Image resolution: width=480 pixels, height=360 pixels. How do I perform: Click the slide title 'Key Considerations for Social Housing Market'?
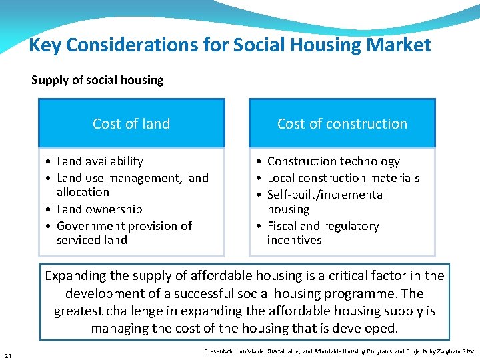[230, 45]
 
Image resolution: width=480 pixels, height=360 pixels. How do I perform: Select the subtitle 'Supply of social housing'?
[97, 80]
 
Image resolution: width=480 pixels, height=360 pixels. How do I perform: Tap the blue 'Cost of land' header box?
[131, 123]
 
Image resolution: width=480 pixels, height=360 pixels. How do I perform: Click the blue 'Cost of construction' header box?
[342, 123]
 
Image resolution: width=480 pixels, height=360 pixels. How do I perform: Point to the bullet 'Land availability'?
[100, 161]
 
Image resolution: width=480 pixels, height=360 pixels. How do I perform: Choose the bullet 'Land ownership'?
[99, 209]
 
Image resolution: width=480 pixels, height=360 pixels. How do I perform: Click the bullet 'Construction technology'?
[333, 161]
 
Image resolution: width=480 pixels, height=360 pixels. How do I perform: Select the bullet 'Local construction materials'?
[343, 178]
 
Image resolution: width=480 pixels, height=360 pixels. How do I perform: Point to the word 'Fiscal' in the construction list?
[285, 226]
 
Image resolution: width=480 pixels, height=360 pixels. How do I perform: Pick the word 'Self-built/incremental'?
[327, 195]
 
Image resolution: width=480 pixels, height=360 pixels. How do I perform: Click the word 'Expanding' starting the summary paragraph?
[75, 276]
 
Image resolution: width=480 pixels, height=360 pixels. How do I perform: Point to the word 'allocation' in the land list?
[83, 192]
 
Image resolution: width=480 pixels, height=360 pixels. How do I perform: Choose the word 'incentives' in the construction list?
[294, 240]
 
